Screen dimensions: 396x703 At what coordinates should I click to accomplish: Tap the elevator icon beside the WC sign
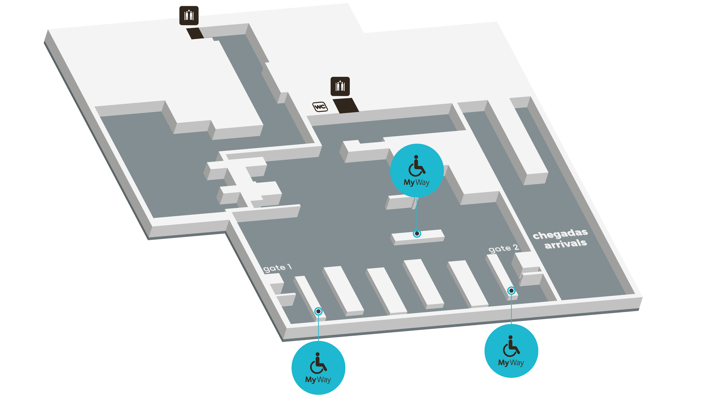click(x=340, y=86)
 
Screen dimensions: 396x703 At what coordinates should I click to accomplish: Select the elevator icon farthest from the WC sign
click(x=189, y=16)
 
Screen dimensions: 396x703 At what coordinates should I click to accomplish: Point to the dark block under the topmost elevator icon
click(x=195, y=33)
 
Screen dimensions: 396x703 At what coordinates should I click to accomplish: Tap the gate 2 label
click(x=504, y=248)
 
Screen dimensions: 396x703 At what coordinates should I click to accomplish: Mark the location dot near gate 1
click(x=318, y=311)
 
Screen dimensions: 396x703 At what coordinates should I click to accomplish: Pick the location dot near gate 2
click(x=511, y=291)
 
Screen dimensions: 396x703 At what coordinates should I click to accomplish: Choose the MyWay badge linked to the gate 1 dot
click(x=318, y=368)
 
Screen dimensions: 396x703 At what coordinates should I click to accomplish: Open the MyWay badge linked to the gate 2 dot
click(x=511, y=351)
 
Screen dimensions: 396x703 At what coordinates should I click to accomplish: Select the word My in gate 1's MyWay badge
click(x=310, y=380)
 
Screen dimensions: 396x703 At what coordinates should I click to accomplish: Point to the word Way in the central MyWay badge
click(x=422, y=182)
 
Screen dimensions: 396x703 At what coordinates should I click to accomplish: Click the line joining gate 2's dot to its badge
click(x=511, y=309)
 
